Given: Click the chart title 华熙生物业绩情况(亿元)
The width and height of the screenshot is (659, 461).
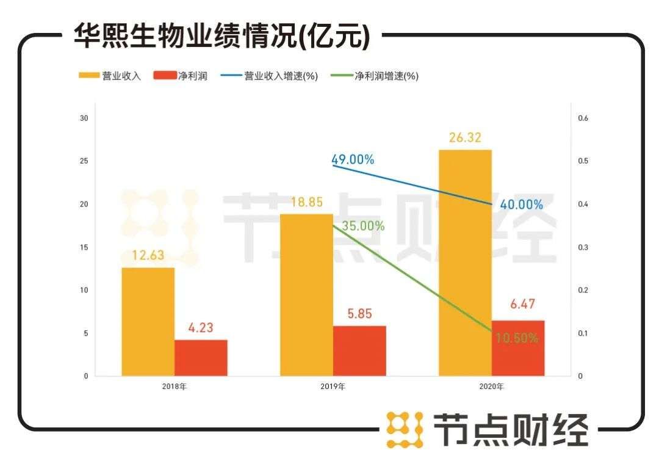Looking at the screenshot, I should [221, 36].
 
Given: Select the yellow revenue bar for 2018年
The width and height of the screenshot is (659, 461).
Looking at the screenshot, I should [148, 321].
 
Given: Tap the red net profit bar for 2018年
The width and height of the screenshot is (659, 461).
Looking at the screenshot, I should [201, 358].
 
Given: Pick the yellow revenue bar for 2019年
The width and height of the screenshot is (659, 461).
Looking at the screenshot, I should [306, 294].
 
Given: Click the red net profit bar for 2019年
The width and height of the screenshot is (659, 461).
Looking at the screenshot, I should [359, 350].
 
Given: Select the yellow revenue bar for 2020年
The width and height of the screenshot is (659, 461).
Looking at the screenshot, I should [465, 263].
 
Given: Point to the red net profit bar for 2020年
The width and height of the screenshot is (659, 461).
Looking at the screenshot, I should [518, 348].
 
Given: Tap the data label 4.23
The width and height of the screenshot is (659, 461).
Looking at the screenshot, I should [201, 328].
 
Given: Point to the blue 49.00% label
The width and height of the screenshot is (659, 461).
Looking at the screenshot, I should [353, 160].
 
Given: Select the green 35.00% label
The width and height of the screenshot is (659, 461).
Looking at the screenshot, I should [363, 226].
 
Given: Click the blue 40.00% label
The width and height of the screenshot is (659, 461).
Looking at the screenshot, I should [521, 205].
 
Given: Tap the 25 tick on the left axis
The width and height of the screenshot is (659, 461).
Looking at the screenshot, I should [84, 161].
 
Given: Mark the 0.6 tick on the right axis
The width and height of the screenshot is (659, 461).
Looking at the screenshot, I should [583, 118].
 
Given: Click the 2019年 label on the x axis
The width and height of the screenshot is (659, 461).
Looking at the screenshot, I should [333, 387].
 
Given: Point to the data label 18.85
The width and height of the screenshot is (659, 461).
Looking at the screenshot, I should [306, 202].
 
